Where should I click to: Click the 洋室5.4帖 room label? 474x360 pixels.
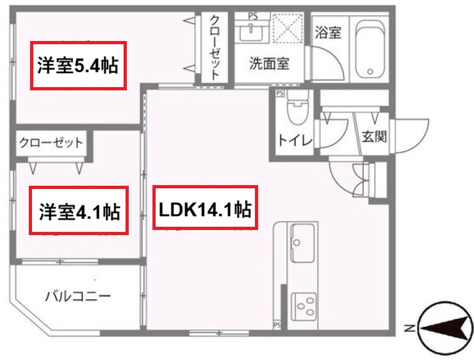pyautogui.click(x=78, y=65)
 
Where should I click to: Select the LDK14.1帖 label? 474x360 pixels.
pyautogui.click(x=205, y=208)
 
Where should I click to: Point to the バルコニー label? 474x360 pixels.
pyautogui.click(x=78, y=296)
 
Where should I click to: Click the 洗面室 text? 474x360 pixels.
pyautogui.click(x=269, y=63)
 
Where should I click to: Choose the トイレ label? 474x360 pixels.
pyautogui.click(x=295, y=140)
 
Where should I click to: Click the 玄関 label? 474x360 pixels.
pyautogui.click(x=374, y=137)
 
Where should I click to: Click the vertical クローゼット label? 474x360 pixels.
pyautogui.click(x=215, y=46)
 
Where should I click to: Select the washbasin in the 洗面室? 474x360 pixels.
pyautogui.click(x=250, y=32)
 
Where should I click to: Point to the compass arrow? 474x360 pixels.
pyautogui.click(x=443, y=329)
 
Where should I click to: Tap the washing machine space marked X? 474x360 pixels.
pyautogui.click(x=287, y=29)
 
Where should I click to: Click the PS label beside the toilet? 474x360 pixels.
pyautogui.click(x=280, y=94)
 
